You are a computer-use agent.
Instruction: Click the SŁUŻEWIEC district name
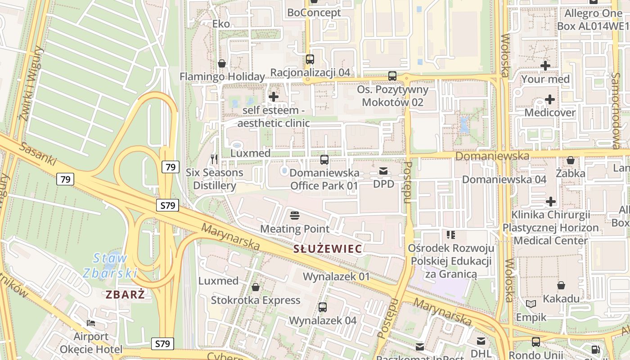point(327,249)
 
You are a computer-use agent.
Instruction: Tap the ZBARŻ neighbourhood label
point(125,295)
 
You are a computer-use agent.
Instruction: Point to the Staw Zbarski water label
point(110,265)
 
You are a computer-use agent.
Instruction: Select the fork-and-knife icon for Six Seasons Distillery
point(214,159)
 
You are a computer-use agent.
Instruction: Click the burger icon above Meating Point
point(295,216)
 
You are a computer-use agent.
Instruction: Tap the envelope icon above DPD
point(383,171)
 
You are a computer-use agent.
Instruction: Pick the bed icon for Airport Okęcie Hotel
point(91,323)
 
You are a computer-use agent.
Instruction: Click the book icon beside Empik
point(531,304)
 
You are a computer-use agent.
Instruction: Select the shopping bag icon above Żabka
point(571,160)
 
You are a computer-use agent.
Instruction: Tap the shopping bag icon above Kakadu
point(561,285)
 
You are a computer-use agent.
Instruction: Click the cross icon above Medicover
point(550,99)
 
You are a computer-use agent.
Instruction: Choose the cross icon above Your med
point(545,66)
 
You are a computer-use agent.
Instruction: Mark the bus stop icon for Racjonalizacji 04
point(310,59)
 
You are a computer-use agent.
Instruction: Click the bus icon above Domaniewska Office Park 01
point(324,159)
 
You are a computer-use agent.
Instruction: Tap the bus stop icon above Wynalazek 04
point(322,307)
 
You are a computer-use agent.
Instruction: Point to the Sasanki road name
point(38,154)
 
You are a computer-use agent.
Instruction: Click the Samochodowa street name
point(615,110)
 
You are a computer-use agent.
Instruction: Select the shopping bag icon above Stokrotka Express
point(256,287)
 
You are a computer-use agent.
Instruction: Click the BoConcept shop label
point(314,13)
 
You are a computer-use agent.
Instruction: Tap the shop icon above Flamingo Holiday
point(222,63)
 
